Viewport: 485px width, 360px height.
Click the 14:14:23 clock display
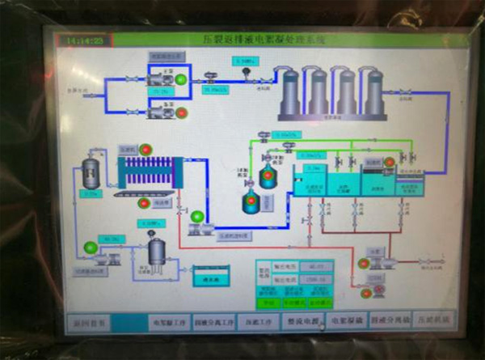pyautogui.click(x=85, y=39)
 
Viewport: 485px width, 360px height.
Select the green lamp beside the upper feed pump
pyautogui.click(x=181, y=78)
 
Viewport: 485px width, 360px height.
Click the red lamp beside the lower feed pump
pyautogui.click(x=183, y=112)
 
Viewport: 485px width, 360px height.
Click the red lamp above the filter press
pyautogui.click(x=146, y=149)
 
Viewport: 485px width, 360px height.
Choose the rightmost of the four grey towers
pyautogui.click(x=374, y=91)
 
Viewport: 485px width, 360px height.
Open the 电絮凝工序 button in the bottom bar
pyautogui.click(x=171, y=320)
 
